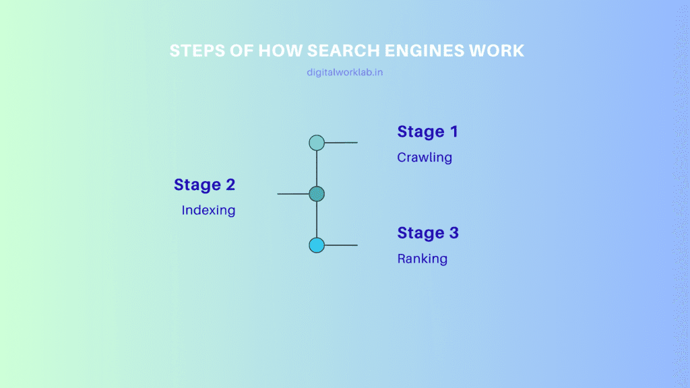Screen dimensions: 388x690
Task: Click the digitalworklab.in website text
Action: [x=344, y=72]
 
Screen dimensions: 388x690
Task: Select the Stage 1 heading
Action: [x=427, y=132]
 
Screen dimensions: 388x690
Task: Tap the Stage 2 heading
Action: [x=204, y=185]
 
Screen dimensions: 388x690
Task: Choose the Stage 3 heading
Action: [x=428, y=233]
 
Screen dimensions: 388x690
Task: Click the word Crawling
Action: [x=425, y=158]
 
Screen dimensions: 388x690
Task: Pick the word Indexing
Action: [x=208, y=210]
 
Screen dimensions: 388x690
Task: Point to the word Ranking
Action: [x=422, y=259]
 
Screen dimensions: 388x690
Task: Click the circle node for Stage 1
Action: [x=317, y=143]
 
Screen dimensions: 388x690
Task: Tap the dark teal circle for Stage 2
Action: [x=317, y=194]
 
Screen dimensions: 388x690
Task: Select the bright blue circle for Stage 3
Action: [x=317, y=245]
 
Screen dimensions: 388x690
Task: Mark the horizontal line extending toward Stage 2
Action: [x=293, y=194]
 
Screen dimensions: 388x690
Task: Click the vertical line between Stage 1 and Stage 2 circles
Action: [x=317, y=168]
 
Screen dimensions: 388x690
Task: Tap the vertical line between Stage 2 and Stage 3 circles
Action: [x=317, y=220]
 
